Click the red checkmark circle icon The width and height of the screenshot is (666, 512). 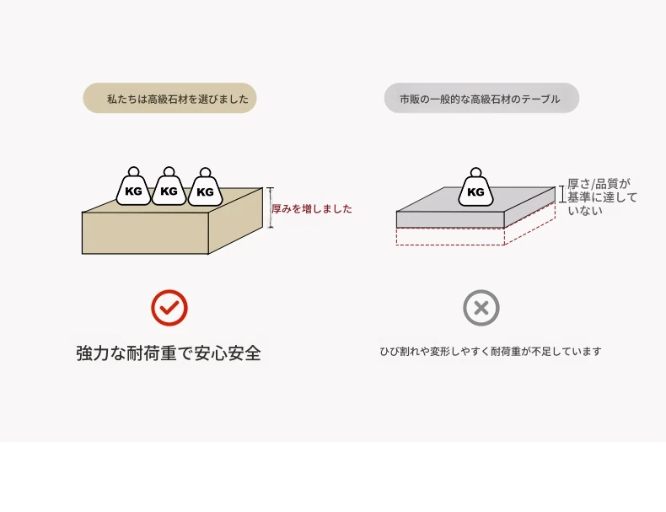(169, 308)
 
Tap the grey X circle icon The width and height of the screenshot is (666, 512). (481, 308)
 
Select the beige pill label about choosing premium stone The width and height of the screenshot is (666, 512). (169, 99)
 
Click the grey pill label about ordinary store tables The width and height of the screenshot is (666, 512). (481, 99)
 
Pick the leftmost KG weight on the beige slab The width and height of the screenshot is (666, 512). (133, 189)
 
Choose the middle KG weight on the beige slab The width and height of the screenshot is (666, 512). (169, 189)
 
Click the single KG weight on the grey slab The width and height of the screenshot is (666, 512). (475, 190)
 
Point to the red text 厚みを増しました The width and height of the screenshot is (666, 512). (312, 209)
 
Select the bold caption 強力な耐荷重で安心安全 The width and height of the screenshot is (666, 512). (169, 353)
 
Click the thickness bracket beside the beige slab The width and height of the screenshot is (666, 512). (271, 207)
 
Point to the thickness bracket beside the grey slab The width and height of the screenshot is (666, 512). (562, 194)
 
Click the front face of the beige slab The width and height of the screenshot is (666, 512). (144, 232)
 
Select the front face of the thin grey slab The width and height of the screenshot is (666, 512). (449, 220)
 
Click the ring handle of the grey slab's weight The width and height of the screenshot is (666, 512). (475, 173)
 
